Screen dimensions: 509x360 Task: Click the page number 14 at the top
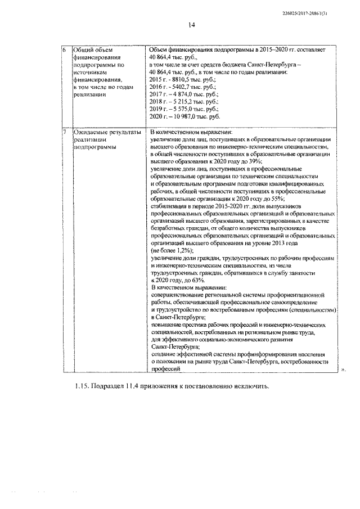click(x=191, y=25)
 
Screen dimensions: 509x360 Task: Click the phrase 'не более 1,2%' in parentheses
click(x=172, y=249)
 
